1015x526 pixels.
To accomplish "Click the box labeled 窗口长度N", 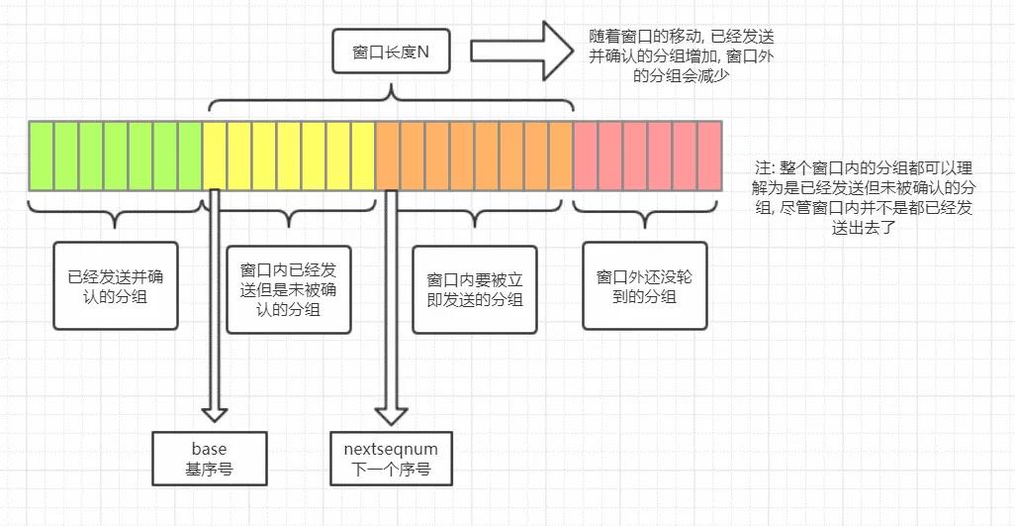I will point(390,52).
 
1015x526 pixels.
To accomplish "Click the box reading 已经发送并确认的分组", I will point(117,285).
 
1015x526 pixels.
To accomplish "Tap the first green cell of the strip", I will point(42,156).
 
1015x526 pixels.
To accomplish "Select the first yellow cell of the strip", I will point(215,156).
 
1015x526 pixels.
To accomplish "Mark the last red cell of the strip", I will point(709,156).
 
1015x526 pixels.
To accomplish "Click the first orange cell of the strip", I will point(388,156).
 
